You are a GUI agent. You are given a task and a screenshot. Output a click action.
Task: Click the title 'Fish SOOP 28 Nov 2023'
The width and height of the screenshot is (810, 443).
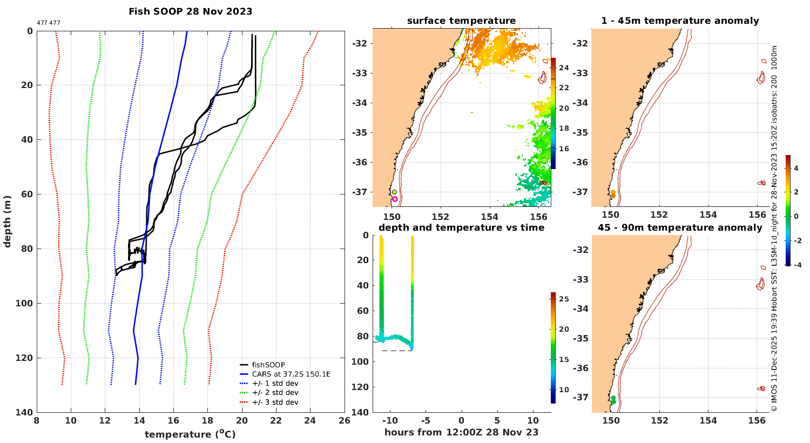[190, 11]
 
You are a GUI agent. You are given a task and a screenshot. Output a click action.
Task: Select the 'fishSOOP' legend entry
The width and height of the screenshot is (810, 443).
[268, 365]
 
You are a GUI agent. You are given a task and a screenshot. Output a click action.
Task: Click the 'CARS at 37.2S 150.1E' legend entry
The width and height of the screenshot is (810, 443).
[291, 374]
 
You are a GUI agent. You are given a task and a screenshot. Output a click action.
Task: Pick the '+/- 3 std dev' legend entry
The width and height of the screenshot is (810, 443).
[275, 402]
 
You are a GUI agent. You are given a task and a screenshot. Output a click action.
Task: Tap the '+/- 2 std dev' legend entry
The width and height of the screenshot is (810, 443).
[275, 393]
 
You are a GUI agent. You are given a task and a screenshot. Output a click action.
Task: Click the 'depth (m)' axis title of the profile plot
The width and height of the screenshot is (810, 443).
[7, 222]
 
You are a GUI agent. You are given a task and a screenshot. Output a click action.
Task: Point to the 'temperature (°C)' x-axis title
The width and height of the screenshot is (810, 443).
[190, 434]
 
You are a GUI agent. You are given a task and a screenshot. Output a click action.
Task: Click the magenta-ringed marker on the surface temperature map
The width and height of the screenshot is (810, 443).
[395, 199]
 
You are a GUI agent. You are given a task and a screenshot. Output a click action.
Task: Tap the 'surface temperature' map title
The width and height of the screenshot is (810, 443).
[461, 21]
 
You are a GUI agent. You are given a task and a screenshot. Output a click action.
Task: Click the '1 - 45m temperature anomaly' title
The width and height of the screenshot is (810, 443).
[680, 21]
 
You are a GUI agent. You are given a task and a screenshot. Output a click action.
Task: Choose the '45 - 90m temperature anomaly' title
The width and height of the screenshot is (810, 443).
[680, 227]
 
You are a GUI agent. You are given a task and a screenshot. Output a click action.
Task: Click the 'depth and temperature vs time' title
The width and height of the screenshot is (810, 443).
[461, 227]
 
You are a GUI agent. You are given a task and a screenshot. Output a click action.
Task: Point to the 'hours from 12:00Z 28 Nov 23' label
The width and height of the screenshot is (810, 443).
[461, 432]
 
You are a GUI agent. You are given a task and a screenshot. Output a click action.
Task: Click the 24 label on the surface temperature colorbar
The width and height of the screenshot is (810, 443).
[562, 68]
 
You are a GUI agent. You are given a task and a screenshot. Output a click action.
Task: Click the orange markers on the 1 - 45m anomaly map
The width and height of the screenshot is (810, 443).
[613, 194]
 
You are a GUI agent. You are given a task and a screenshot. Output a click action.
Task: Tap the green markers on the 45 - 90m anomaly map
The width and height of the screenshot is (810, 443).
[613, 400]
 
